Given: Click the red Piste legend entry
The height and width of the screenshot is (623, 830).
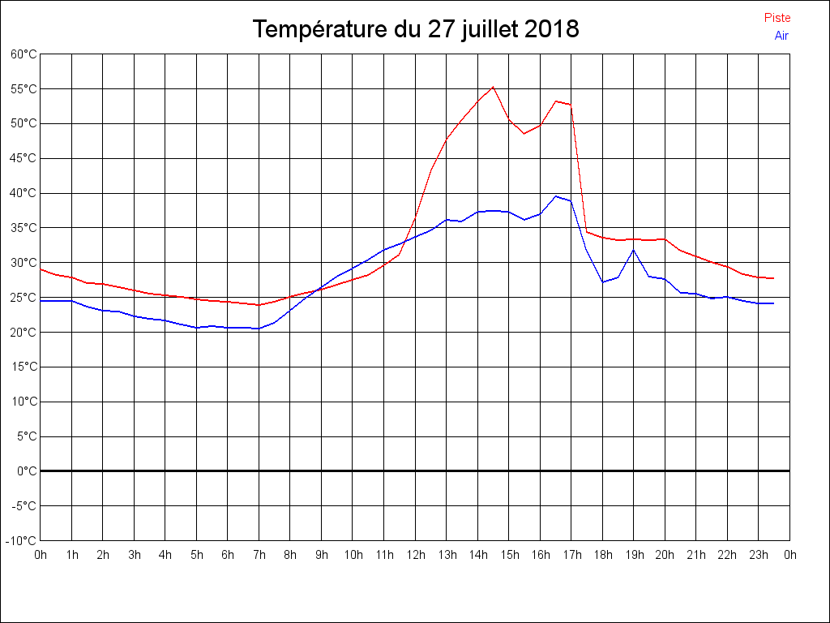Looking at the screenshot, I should [x=777, y=18].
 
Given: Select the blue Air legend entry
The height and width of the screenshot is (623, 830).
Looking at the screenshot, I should [x=781, y=36].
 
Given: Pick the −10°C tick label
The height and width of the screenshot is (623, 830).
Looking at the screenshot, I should [x=22, y=540].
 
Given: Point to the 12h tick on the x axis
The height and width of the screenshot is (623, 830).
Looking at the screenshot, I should [x=415, y=555].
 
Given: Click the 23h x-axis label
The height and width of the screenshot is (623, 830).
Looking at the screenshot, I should [x=759, y=555].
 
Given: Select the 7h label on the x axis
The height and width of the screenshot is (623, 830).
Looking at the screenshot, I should [x=259, y=555].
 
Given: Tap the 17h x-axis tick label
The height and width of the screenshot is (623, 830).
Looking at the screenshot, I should [x=571, y=555].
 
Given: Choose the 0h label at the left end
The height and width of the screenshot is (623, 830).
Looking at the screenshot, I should [x=40, y=555].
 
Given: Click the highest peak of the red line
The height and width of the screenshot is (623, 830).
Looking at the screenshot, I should [x=493, y=87].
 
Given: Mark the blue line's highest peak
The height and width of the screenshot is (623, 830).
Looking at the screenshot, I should [x=556, y=196].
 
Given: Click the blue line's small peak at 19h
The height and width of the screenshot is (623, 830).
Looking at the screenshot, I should [x=634, y=250].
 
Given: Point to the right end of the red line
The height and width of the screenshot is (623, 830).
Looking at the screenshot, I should [x=774, y=278].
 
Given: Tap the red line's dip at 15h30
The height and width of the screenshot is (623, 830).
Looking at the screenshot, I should [x=524, y=133].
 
